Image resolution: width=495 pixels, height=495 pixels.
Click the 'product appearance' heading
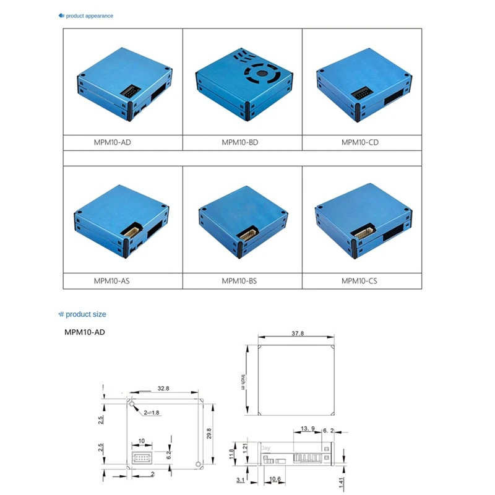89,15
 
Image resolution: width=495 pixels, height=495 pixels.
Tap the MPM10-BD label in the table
240,142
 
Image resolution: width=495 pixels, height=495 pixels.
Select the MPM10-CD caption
359,142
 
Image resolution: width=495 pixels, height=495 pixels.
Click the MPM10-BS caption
239,280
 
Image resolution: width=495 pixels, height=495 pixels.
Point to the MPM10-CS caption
359,280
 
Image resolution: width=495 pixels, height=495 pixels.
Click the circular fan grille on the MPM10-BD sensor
262,75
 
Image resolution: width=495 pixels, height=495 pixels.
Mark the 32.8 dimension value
163,389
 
